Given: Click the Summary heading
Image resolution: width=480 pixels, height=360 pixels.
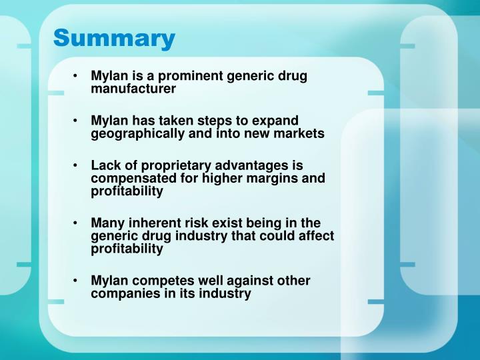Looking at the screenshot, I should [x=114, y=38].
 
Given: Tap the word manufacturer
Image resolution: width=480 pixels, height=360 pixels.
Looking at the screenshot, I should [x=133, y=88].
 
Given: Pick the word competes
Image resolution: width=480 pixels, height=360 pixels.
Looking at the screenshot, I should [x=160, y=281].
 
